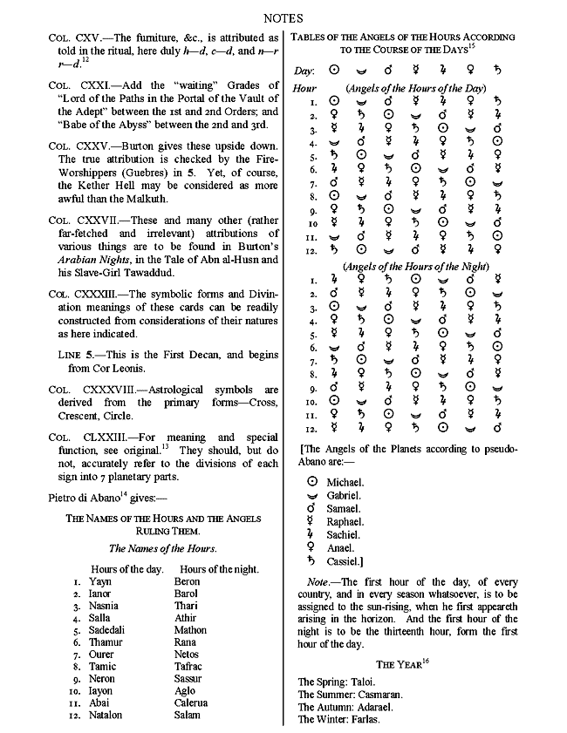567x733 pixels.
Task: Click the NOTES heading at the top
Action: [x=283, y=16]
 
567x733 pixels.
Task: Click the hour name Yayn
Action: [x=100, y=581]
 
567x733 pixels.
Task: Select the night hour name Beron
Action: [x=187, y=581]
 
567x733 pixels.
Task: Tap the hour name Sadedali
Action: [x=111, y=630]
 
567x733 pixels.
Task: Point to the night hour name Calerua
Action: [x=191, y=703]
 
